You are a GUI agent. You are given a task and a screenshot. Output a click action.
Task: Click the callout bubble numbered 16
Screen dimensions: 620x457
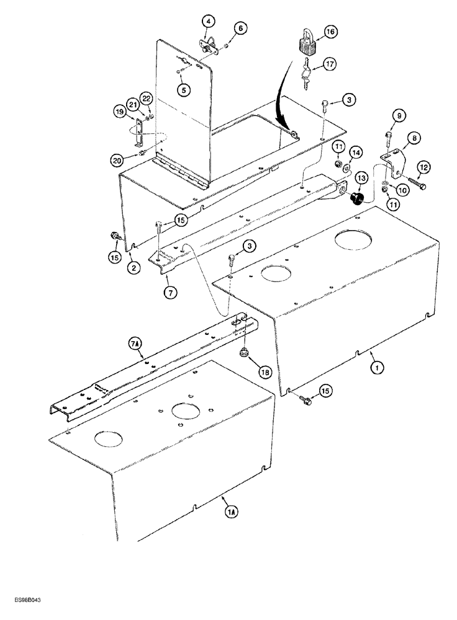[x=329, y=31]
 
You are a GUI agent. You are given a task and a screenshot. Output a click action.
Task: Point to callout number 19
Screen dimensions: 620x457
[x=120, y=112]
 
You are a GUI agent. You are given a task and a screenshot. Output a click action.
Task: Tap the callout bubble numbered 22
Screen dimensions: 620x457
[x=147, y=99]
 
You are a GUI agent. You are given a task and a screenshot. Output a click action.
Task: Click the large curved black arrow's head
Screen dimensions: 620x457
[x=293, y=132]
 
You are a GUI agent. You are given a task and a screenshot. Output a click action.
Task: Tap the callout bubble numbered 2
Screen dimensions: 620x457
[x=133, y=268]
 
